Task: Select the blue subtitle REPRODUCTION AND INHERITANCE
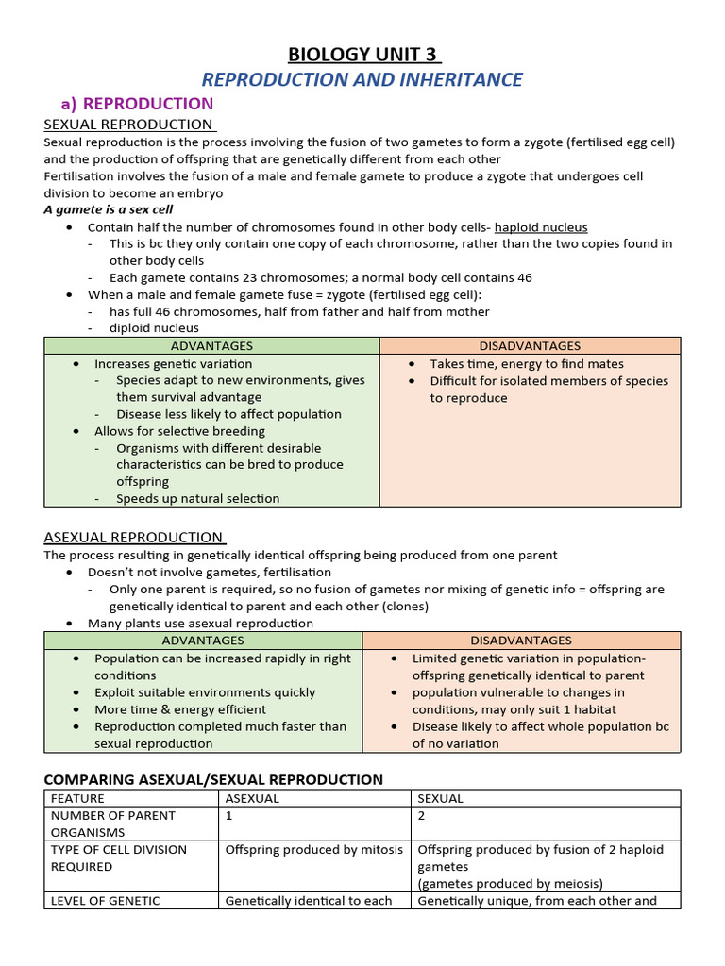pyautogui.click(x=362, y=79)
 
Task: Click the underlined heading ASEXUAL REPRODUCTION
pyautogui.click(x=133, y=538)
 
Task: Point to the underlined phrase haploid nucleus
pyautogui.click(x=541, y=227)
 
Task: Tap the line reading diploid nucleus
pyautogui.click(x=154, y=328)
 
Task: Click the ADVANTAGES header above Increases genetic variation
pyautogui.click(x=211, y=346)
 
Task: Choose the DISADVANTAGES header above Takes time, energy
pyautogui.click(x=530, y=346)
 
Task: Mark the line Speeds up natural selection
pyautogui.click(x=197, y=498)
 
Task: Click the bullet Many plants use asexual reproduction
pyautogui.click(x=200, y=624)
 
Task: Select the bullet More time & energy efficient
pyautogui.click(x=179, y=709)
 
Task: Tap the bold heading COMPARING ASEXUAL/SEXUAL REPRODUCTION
pyautogui.click(x=213, y=780)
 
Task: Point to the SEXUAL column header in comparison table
pyautogui.click(x=440, y=798)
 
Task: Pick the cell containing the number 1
pyautogui.click(x=229, y=815)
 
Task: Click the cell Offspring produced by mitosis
pyautogui.click(x=313, y=849)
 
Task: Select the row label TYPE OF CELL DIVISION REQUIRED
pyautogui.click(x=118, y=858)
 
